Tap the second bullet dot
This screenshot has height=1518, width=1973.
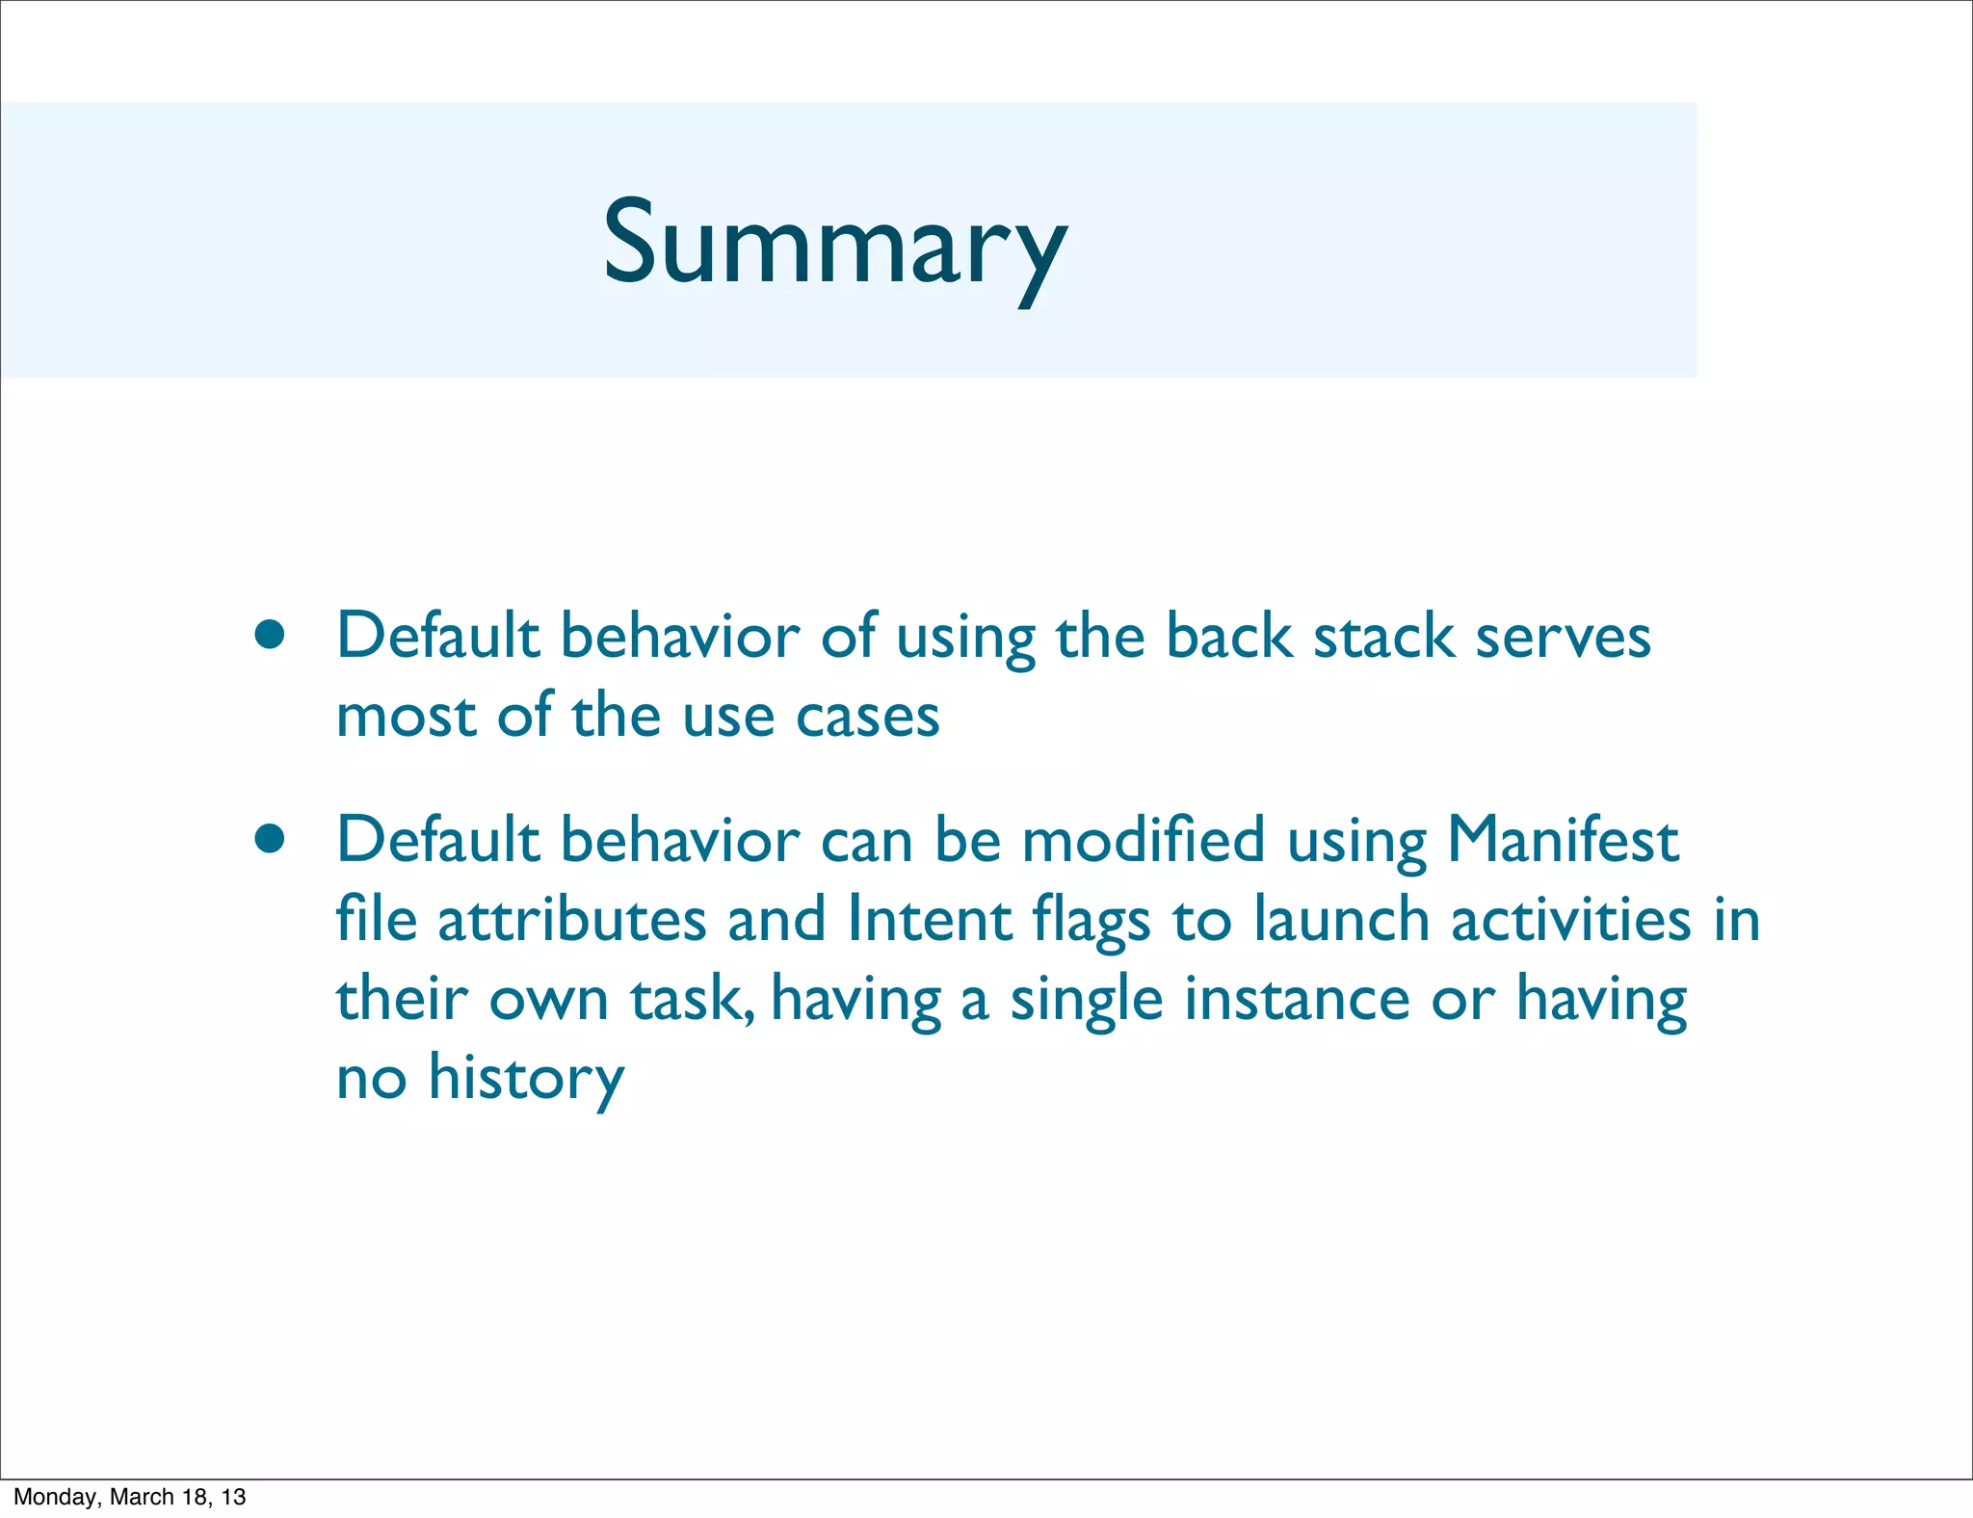[270, 839]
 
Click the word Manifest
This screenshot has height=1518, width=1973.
[1563, 840]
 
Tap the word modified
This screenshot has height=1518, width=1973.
[1143, 840]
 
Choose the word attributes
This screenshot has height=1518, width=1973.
[572, 920]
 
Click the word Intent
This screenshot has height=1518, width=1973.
[929, 920]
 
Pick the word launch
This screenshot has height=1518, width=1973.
[1341, 920]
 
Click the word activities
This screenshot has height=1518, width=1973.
[1570, 920]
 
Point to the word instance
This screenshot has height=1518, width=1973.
[1297, 999]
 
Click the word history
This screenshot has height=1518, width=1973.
[526, 1079]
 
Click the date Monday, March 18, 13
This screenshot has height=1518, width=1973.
[130, 1497]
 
